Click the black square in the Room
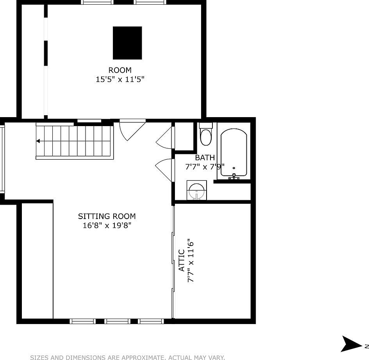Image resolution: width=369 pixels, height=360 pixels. [127, 43]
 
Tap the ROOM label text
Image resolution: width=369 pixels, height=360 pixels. [120, 70]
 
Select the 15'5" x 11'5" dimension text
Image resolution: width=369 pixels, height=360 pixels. [120, 79]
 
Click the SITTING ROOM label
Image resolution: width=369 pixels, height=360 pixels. [107, 216]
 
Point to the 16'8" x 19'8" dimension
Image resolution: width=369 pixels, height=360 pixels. [107, 225]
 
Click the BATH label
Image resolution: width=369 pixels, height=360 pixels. [205, 158]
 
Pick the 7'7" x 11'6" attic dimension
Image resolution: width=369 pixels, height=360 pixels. [191, 260]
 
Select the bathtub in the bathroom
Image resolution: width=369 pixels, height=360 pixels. [234, 153]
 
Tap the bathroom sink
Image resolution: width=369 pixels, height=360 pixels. [196, 191]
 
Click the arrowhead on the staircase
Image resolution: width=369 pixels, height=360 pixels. [38, 141]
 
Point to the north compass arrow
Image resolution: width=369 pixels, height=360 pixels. [351, 344]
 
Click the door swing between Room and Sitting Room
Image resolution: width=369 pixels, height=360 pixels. [131, 130]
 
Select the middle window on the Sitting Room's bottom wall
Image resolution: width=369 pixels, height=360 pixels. [118, 321]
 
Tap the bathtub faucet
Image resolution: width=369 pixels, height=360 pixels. [234, 176]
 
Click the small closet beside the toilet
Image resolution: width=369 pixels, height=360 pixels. [184, 136]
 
